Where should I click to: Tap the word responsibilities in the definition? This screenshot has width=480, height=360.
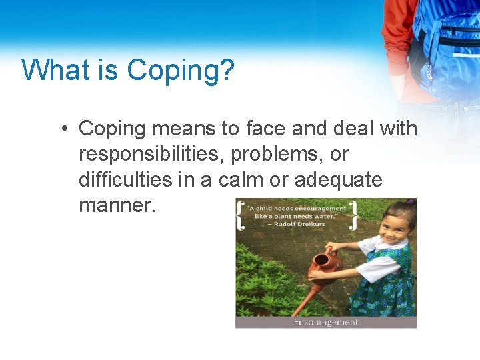coord(150,154)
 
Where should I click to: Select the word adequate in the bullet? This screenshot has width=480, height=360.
coord(338,180)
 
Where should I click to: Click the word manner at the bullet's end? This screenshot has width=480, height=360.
coord(116,206)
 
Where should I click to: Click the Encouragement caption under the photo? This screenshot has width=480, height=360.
coord(326,322)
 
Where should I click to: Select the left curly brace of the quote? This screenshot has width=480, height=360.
coord(241,215)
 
